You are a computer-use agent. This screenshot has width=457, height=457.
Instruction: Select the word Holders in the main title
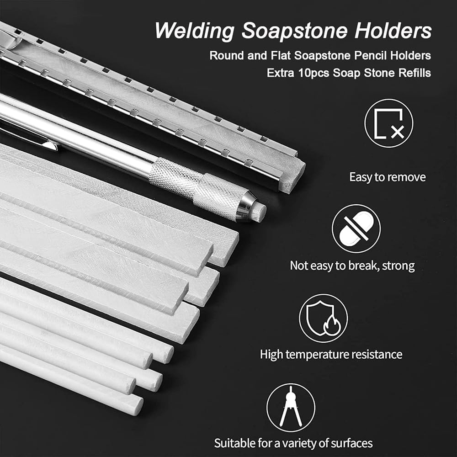click(393, 30)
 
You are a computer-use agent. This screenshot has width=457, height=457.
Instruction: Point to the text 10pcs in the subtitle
click(314, 73)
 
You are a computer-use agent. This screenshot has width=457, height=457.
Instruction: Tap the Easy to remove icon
click(388, 123)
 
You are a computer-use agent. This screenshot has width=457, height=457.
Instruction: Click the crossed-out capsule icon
click(356, 228)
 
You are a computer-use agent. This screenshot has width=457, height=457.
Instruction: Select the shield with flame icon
click(323, 318)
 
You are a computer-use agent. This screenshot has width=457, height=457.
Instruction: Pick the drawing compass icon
click(291, 408)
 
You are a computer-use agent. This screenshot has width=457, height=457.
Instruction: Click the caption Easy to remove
click(388, 177)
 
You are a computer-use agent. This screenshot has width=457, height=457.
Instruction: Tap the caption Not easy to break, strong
click(352, 266)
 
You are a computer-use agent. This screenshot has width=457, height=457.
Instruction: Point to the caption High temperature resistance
click(331, 355)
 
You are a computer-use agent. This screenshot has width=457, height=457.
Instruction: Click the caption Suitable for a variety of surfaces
click(293, 443)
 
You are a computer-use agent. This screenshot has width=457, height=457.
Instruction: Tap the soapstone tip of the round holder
click(258, 211)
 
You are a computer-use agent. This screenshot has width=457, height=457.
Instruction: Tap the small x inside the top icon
click(398, 132)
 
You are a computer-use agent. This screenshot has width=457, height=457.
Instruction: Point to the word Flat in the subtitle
click(281, 55)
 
